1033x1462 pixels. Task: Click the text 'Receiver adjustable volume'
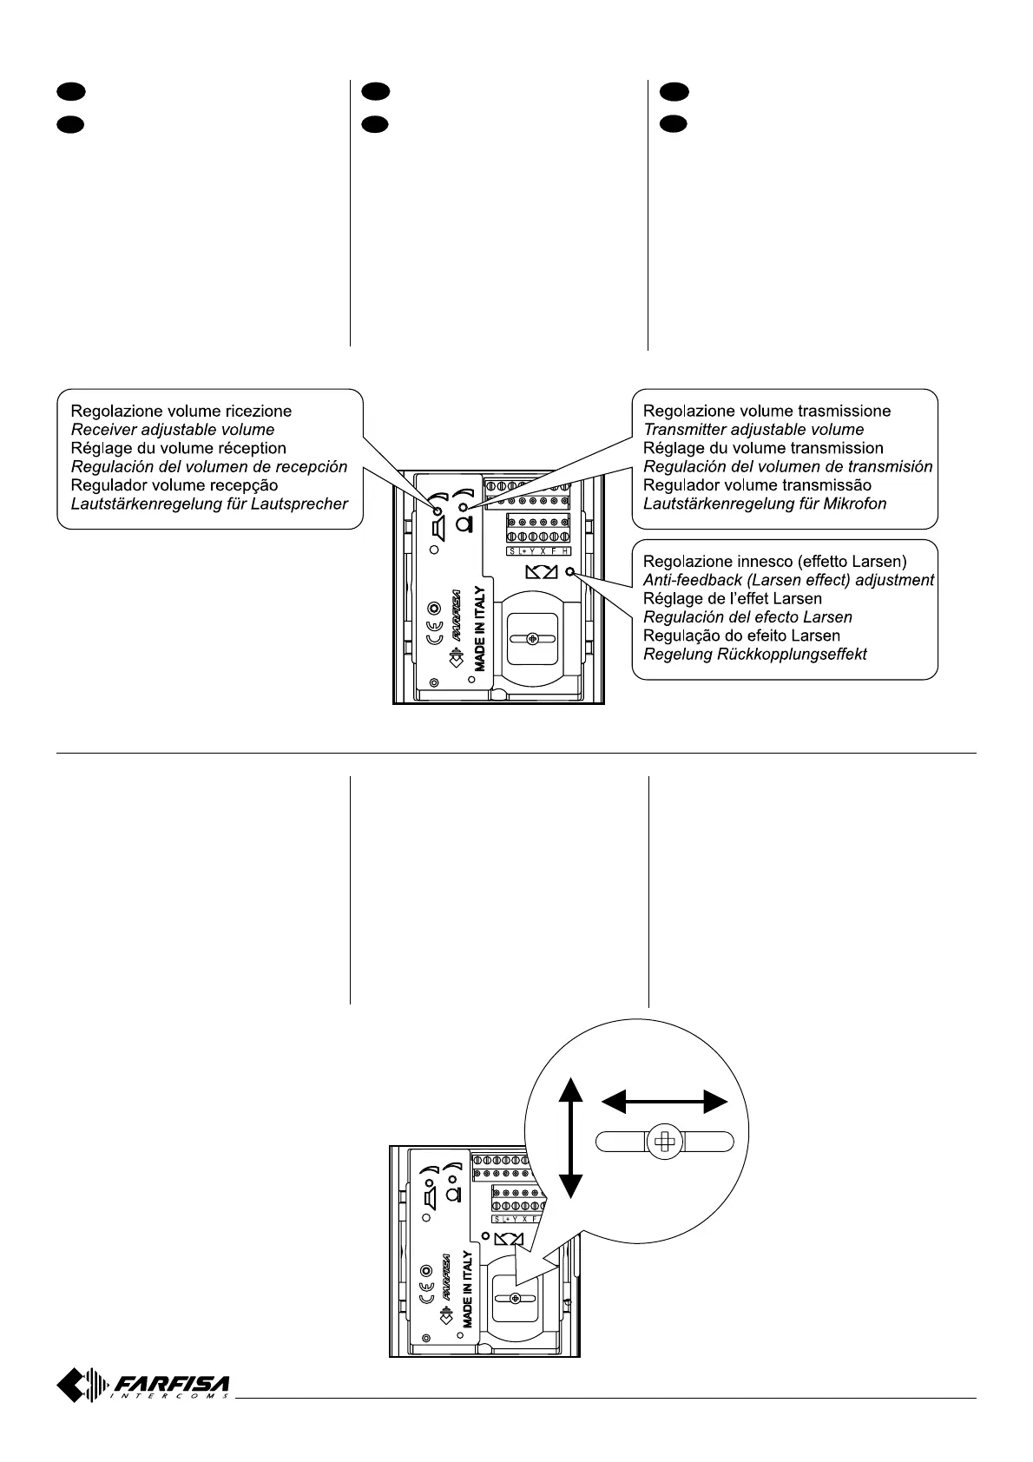pyautogui.click(x=172, y=430)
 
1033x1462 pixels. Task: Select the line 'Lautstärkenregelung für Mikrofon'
pyautogui.click(x=764, y=504)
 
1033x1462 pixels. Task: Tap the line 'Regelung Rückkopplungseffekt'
pyautogui.click(x=754, y=654)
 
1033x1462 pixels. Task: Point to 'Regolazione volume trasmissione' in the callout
pyautogui.click(x=767, y=411)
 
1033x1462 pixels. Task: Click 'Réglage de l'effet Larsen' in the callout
pyautogui.click(x=732, y=598)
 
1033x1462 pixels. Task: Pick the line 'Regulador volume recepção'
pyautogui.click(x=174, y=485)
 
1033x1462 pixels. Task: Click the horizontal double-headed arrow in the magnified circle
pyautogui.click(x=664, y=1103)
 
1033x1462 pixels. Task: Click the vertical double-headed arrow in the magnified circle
pyautogui.click(x=569, y=1137)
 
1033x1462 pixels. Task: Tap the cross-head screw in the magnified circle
pyautogui.click(x=665, y=1143)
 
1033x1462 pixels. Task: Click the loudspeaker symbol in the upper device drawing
pyautogui.click(x=438, y=526)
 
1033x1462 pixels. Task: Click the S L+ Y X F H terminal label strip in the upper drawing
pyautogui.click(x=539, y=551)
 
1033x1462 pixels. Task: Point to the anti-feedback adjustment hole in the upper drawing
pyautogui.click(x=569, y=571)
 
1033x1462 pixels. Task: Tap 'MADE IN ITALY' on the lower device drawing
pyautogui.click(x=467, y=1289)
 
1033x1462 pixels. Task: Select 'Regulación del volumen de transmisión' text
pyautogui.click(x=787, y=466)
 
